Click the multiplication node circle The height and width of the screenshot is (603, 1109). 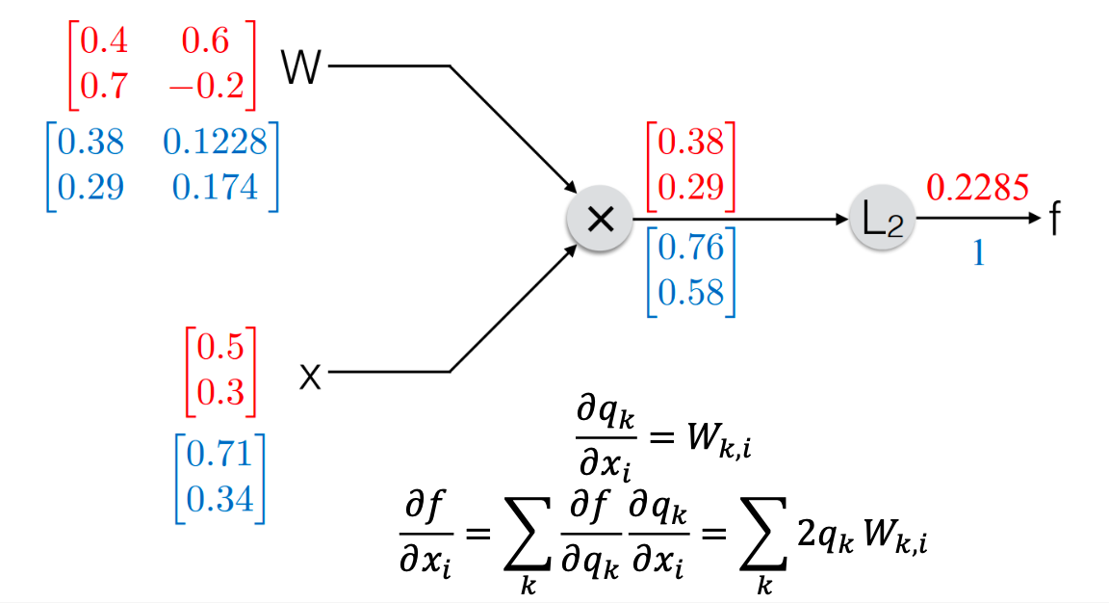(599, 220)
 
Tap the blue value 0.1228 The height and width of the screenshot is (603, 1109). (214, 144)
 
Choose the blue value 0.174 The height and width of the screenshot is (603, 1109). (210, 185)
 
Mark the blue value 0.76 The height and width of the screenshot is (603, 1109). (689, 248)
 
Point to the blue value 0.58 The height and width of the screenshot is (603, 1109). (689, 290)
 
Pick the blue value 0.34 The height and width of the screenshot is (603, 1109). (219, 499)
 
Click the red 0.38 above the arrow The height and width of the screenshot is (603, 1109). (689, 144)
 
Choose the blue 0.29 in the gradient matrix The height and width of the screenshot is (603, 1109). (90, 185)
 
